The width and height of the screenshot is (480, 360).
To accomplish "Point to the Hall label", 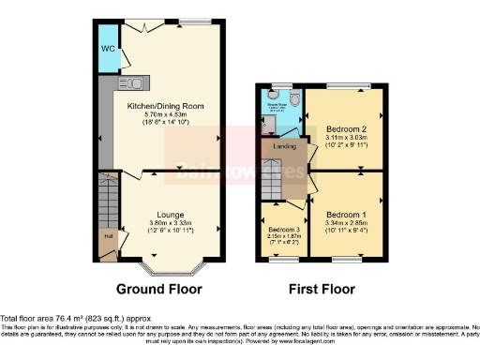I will pyautogui.click(x=108, y=236).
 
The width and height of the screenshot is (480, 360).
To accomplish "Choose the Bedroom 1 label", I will pyautogui.click(x=346, y=217).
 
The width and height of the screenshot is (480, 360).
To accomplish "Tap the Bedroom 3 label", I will pyautogui.click(x=284, y=230).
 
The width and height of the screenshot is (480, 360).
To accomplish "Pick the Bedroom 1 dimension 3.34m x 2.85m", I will pyautogui.click(x=346, y=226).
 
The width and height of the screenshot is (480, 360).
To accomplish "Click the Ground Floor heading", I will pyautogui.click(x=161, y=287).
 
